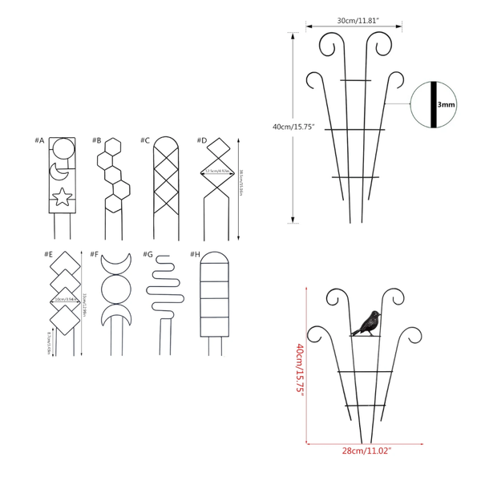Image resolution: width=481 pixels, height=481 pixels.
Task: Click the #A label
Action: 39,140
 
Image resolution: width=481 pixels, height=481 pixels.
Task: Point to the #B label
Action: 96,140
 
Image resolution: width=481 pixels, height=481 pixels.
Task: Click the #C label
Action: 145,140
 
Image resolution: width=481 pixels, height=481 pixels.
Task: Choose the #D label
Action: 203,140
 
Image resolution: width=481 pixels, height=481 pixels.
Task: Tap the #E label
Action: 49,255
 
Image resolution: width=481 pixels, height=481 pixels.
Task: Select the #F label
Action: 95,255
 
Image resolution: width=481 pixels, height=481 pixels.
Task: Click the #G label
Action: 148,255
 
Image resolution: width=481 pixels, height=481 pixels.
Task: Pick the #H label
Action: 196,255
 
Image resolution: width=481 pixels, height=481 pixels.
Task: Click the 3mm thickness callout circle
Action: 432,103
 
